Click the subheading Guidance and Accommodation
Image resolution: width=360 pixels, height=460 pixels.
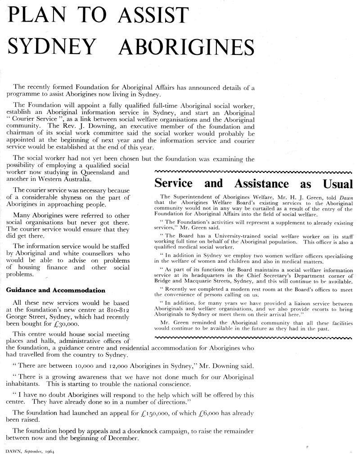pos(56,290)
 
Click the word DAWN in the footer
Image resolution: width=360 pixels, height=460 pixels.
pos(12,451)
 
